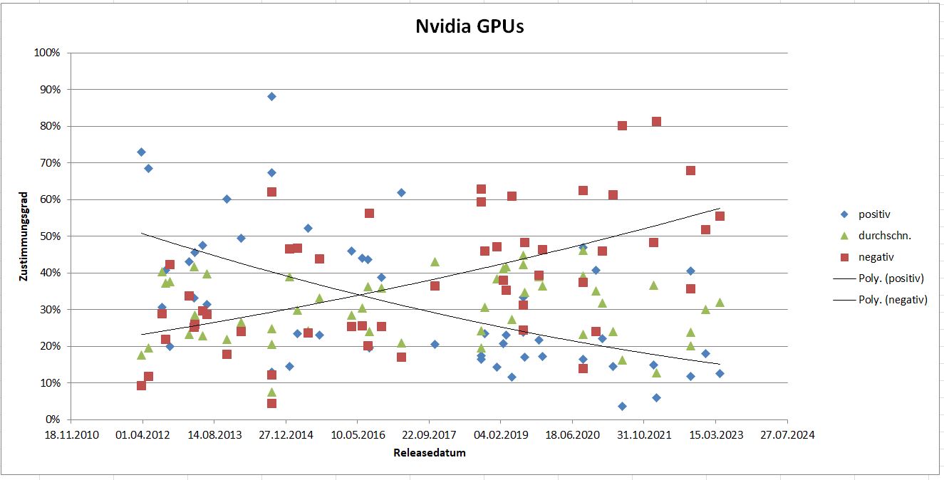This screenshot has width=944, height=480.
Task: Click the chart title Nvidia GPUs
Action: (470, 27)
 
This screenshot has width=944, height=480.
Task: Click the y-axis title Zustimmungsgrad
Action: (24, 236)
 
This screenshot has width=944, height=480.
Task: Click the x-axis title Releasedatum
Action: (430, 452)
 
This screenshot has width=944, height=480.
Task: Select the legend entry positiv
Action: (874, 214)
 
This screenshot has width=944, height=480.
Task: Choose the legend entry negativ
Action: (876, 256)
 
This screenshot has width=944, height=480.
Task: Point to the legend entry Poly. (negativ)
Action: (893, 300)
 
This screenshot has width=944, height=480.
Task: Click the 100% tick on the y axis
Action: (46, 53)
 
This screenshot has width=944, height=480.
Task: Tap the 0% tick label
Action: (52, 419)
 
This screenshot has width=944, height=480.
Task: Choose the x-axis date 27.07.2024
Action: (787, 434)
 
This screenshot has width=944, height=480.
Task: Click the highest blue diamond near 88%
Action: (271, 96)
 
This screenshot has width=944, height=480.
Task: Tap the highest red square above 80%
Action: (656, 122)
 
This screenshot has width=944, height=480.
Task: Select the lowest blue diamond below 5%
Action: (622, 406)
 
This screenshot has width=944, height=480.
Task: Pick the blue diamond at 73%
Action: (141, 152)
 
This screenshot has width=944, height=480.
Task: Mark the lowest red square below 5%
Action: (271, 403)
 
